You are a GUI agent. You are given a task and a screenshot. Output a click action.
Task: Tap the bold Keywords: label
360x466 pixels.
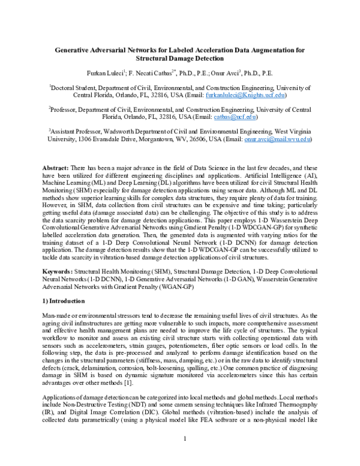coord(57,272)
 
